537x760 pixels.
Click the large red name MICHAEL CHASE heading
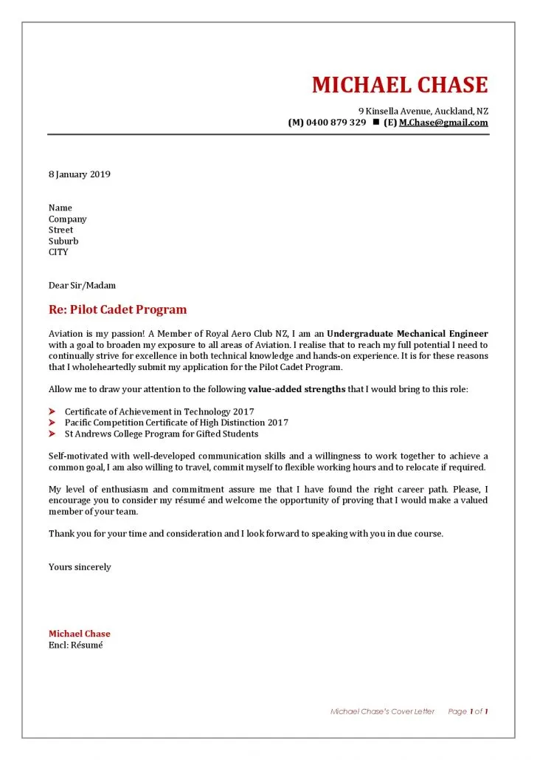click(x=400, y=85)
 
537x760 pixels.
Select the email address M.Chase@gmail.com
click(x=443, y=123)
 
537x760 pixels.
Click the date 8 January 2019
click(x=79, y=174)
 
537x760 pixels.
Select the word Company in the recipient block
click(x=67, y=219)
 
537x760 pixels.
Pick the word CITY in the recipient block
click(x=58, y=252)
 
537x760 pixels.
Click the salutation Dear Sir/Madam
click(x=82, y=285)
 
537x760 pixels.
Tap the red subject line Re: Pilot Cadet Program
click(x=117, y=309)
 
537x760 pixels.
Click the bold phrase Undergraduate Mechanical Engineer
click(x=407, y=334)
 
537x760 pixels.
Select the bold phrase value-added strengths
click(x=297, y=389)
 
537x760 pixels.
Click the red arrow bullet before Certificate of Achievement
click(x=52, y=411)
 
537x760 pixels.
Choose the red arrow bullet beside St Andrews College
click(x=52, y=434)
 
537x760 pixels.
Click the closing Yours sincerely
click(x=80, y=567)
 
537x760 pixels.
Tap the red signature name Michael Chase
click(x=79, y=634)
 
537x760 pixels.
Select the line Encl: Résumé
click(x=75, y=645)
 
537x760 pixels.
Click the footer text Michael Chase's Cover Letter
click(x=382, y=711)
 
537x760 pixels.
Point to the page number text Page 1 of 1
click(x=468, y=711)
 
